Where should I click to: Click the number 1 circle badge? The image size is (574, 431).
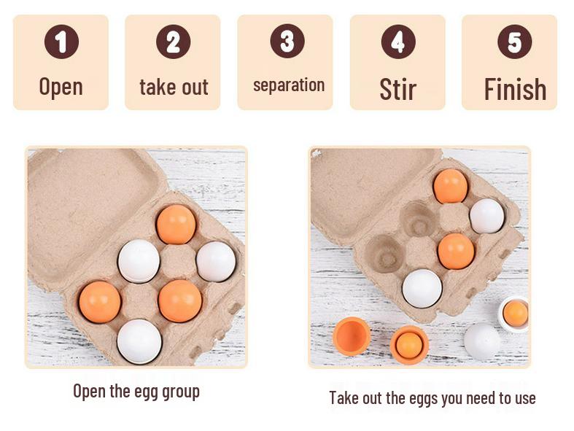(61, 42)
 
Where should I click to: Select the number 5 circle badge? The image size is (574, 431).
(514, 42)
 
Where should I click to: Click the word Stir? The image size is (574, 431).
(397, 89)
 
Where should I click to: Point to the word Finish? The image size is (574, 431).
(515, 90)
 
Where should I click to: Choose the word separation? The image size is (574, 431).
(288, 85)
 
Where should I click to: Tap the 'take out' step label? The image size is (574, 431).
(174, 88)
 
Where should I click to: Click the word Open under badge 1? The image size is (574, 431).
(61, 87)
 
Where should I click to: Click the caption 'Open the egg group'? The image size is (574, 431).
(136, 391)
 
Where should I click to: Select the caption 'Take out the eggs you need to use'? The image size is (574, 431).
(432, 398)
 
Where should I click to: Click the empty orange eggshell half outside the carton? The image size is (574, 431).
(352, 336)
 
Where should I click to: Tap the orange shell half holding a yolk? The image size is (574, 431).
(409, 345)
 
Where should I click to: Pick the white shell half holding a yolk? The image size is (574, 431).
(514, 314)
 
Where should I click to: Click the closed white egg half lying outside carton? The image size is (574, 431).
(482, 341)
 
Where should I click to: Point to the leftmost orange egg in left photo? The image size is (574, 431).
(100, 302)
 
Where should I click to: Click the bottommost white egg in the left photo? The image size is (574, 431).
(139, 341)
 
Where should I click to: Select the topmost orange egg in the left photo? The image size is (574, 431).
(176, 224)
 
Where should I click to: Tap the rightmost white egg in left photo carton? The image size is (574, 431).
(216, 261)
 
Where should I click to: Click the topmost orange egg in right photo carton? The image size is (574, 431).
(450, 186)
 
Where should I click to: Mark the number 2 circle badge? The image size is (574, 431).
(173, 42)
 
